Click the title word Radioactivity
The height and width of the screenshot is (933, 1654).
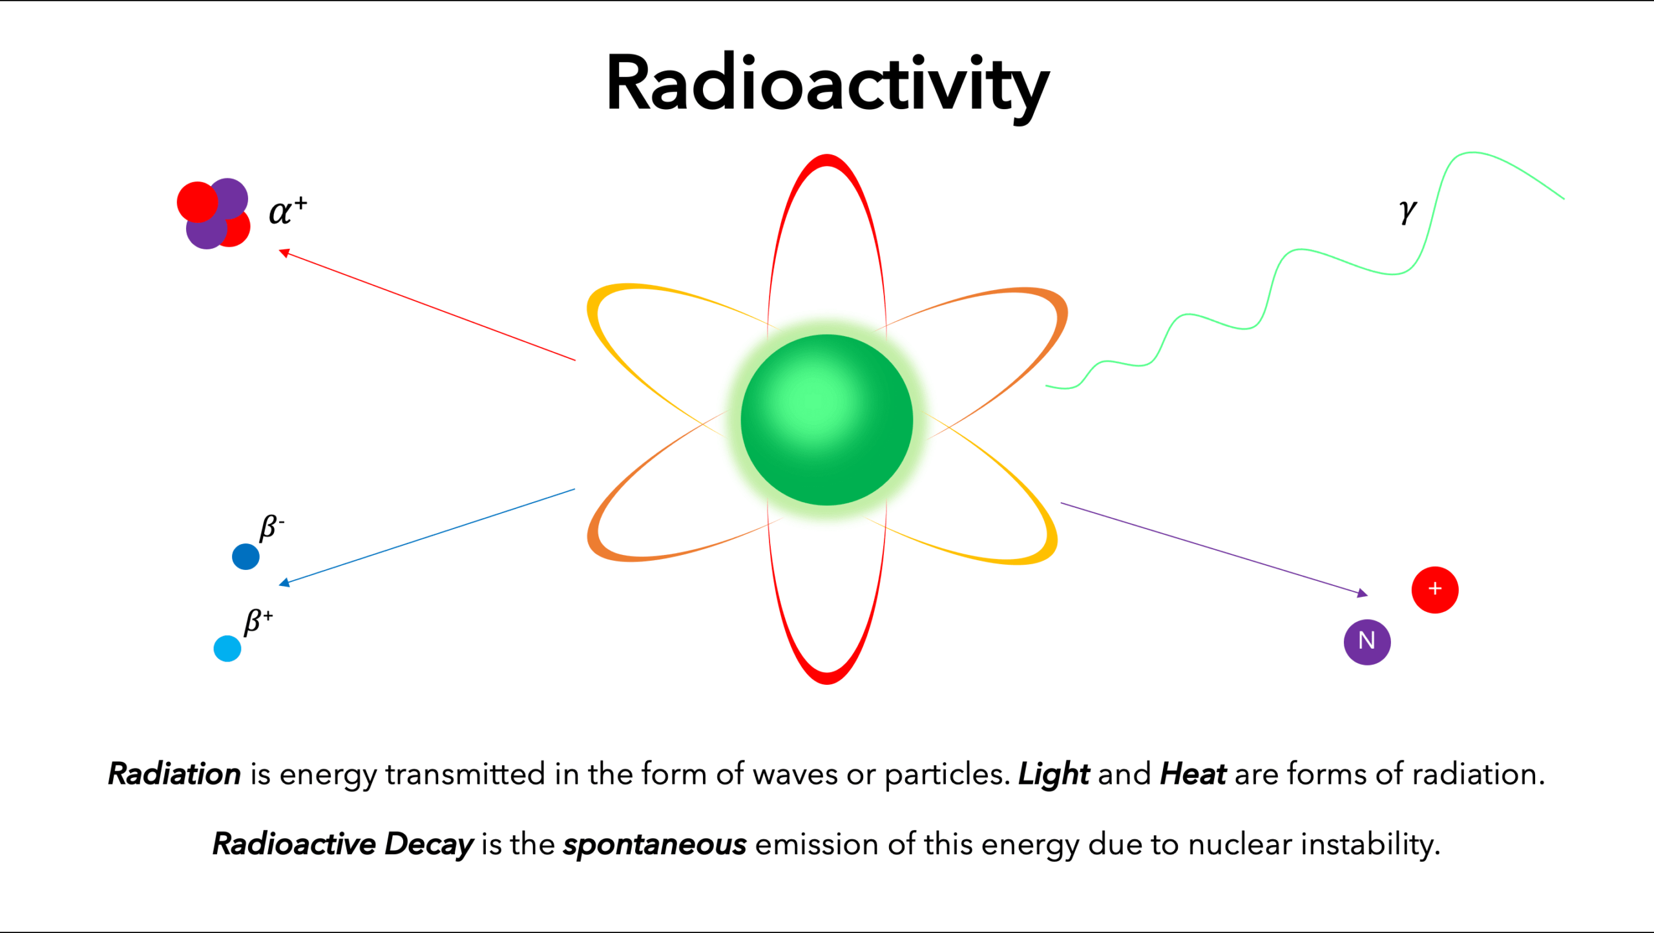(x=827, y=84)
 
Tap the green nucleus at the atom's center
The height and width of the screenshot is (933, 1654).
(x=826, y=420)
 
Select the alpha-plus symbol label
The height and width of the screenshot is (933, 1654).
(x=288, y=211)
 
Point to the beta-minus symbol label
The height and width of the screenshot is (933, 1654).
(x=271, y=527)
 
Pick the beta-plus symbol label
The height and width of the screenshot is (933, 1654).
(x=258, y=622)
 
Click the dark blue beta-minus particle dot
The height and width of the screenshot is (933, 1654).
(x=246, y=556)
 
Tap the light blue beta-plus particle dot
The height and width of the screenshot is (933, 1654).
(x=227, y=648)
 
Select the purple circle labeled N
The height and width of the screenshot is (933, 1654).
(x=1366, y=642)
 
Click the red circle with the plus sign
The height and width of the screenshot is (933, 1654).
(x=1434, y=589)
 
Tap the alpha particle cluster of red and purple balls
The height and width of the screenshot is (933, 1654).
(x=213, y=213)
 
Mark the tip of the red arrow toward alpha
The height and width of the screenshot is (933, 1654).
(x=280, y=251)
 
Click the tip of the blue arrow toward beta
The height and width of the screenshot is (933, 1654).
(x=280, y=585)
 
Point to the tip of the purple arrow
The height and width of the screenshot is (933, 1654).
(x=1366, y=594)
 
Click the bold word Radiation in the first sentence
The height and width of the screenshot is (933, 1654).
(x=174, y=774)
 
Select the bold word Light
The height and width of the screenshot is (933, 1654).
(x=1054, y=774)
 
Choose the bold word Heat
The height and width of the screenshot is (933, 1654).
(x=1193, y=774)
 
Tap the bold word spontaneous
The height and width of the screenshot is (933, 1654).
(x=654, y=844)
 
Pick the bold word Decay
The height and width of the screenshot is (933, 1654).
(x=428, y=844)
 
